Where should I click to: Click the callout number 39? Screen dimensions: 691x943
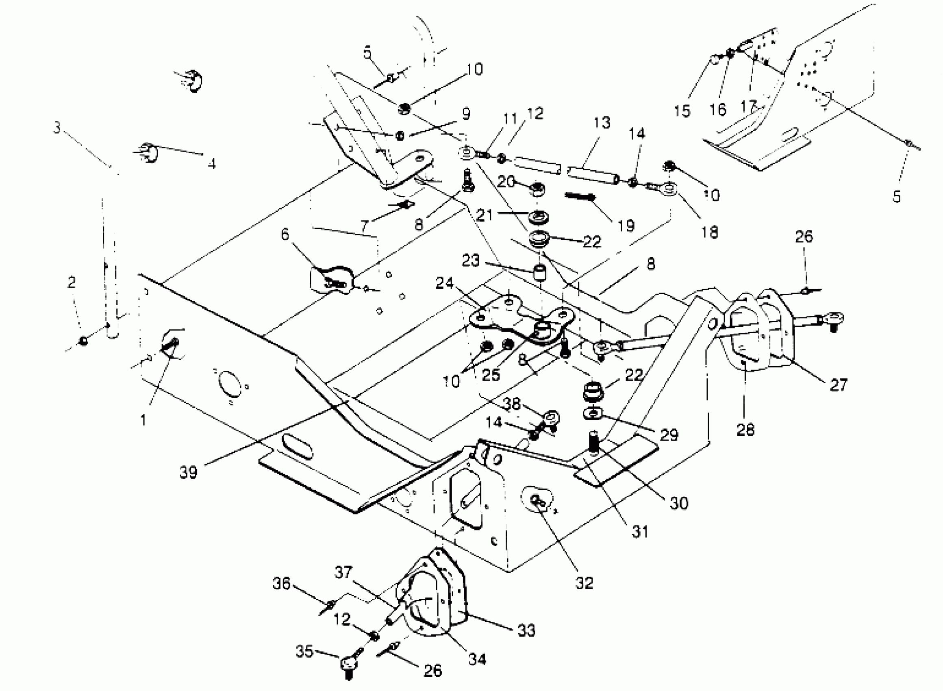click(x=188, y=473)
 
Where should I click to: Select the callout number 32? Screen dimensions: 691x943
click(x=584, y=582)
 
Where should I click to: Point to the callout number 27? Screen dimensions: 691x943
click(x=838, y=385)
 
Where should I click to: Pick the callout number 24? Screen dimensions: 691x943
click(x=444, y=284)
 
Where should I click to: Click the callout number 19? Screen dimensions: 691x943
click(x=626, y=226)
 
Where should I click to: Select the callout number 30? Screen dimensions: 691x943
click(x=678, y=503)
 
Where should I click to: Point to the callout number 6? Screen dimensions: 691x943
click(x=285, y=234)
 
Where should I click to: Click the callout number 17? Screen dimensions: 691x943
click(x=748, y=106)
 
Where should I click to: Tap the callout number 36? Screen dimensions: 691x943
click(x=281, y=584)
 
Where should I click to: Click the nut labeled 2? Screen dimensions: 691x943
click(x=84, y=341)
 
